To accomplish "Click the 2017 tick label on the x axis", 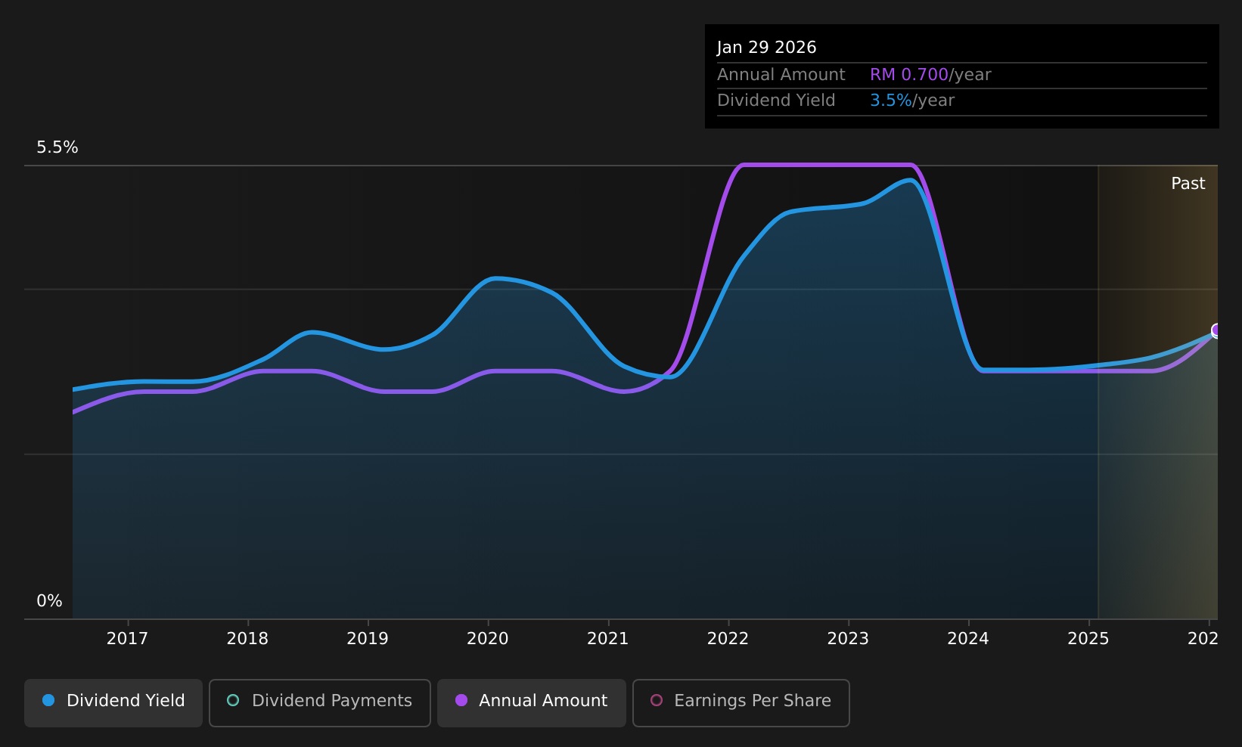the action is pos(128,639).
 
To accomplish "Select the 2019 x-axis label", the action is pos(368,639).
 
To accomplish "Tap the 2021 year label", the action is pos(607,639).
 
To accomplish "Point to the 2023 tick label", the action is pos(848,639).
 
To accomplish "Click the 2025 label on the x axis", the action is pos(1088,639).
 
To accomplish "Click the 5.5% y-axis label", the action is pos(57,147).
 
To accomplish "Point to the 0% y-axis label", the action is pos(49,601).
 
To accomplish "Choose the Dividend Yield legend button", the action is pos(113,702).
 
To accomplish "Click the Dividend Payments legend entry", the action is pos(320,702).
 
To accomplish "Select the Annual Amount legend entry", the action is pos(532,702).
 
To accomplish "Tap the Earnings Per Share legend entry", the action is pos(741,702).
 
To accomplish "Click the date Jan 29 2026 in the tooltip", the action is pos(766,48).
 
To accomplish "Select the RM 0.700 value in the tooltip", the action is pos(908,74).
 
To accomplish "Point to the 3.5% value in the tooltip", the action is pos(890,101).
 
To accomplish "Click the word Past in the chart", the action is pos(1188,184).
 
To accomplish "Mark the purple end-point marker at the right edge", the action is pos(1216,330).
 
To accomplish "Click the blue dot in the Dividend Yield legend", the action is pos(48,700).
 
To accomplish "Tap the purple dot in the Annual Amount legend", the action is pos(461,700).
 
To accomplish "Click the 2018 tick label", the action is pos(247,639).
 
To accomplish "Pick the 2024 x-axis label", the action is pos(968,639).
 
